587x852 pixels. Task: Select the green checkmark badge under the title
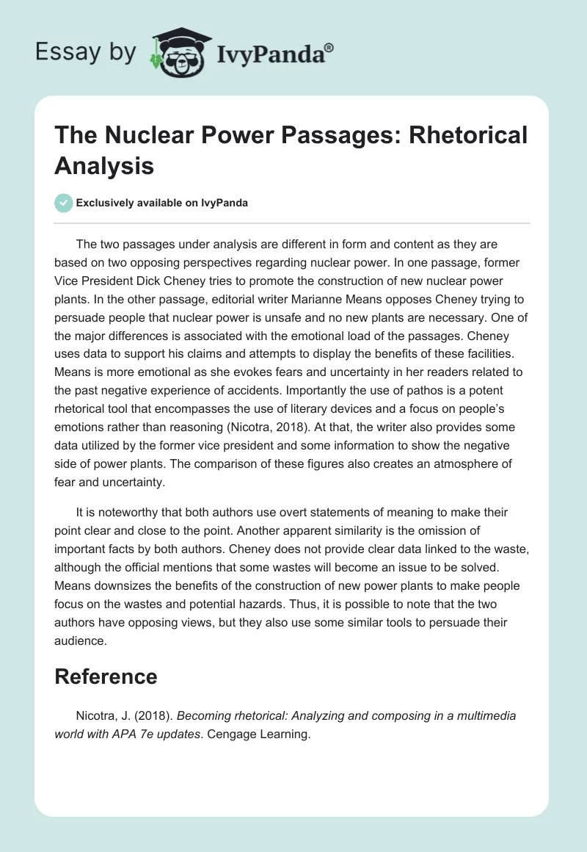coord(63,203)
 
